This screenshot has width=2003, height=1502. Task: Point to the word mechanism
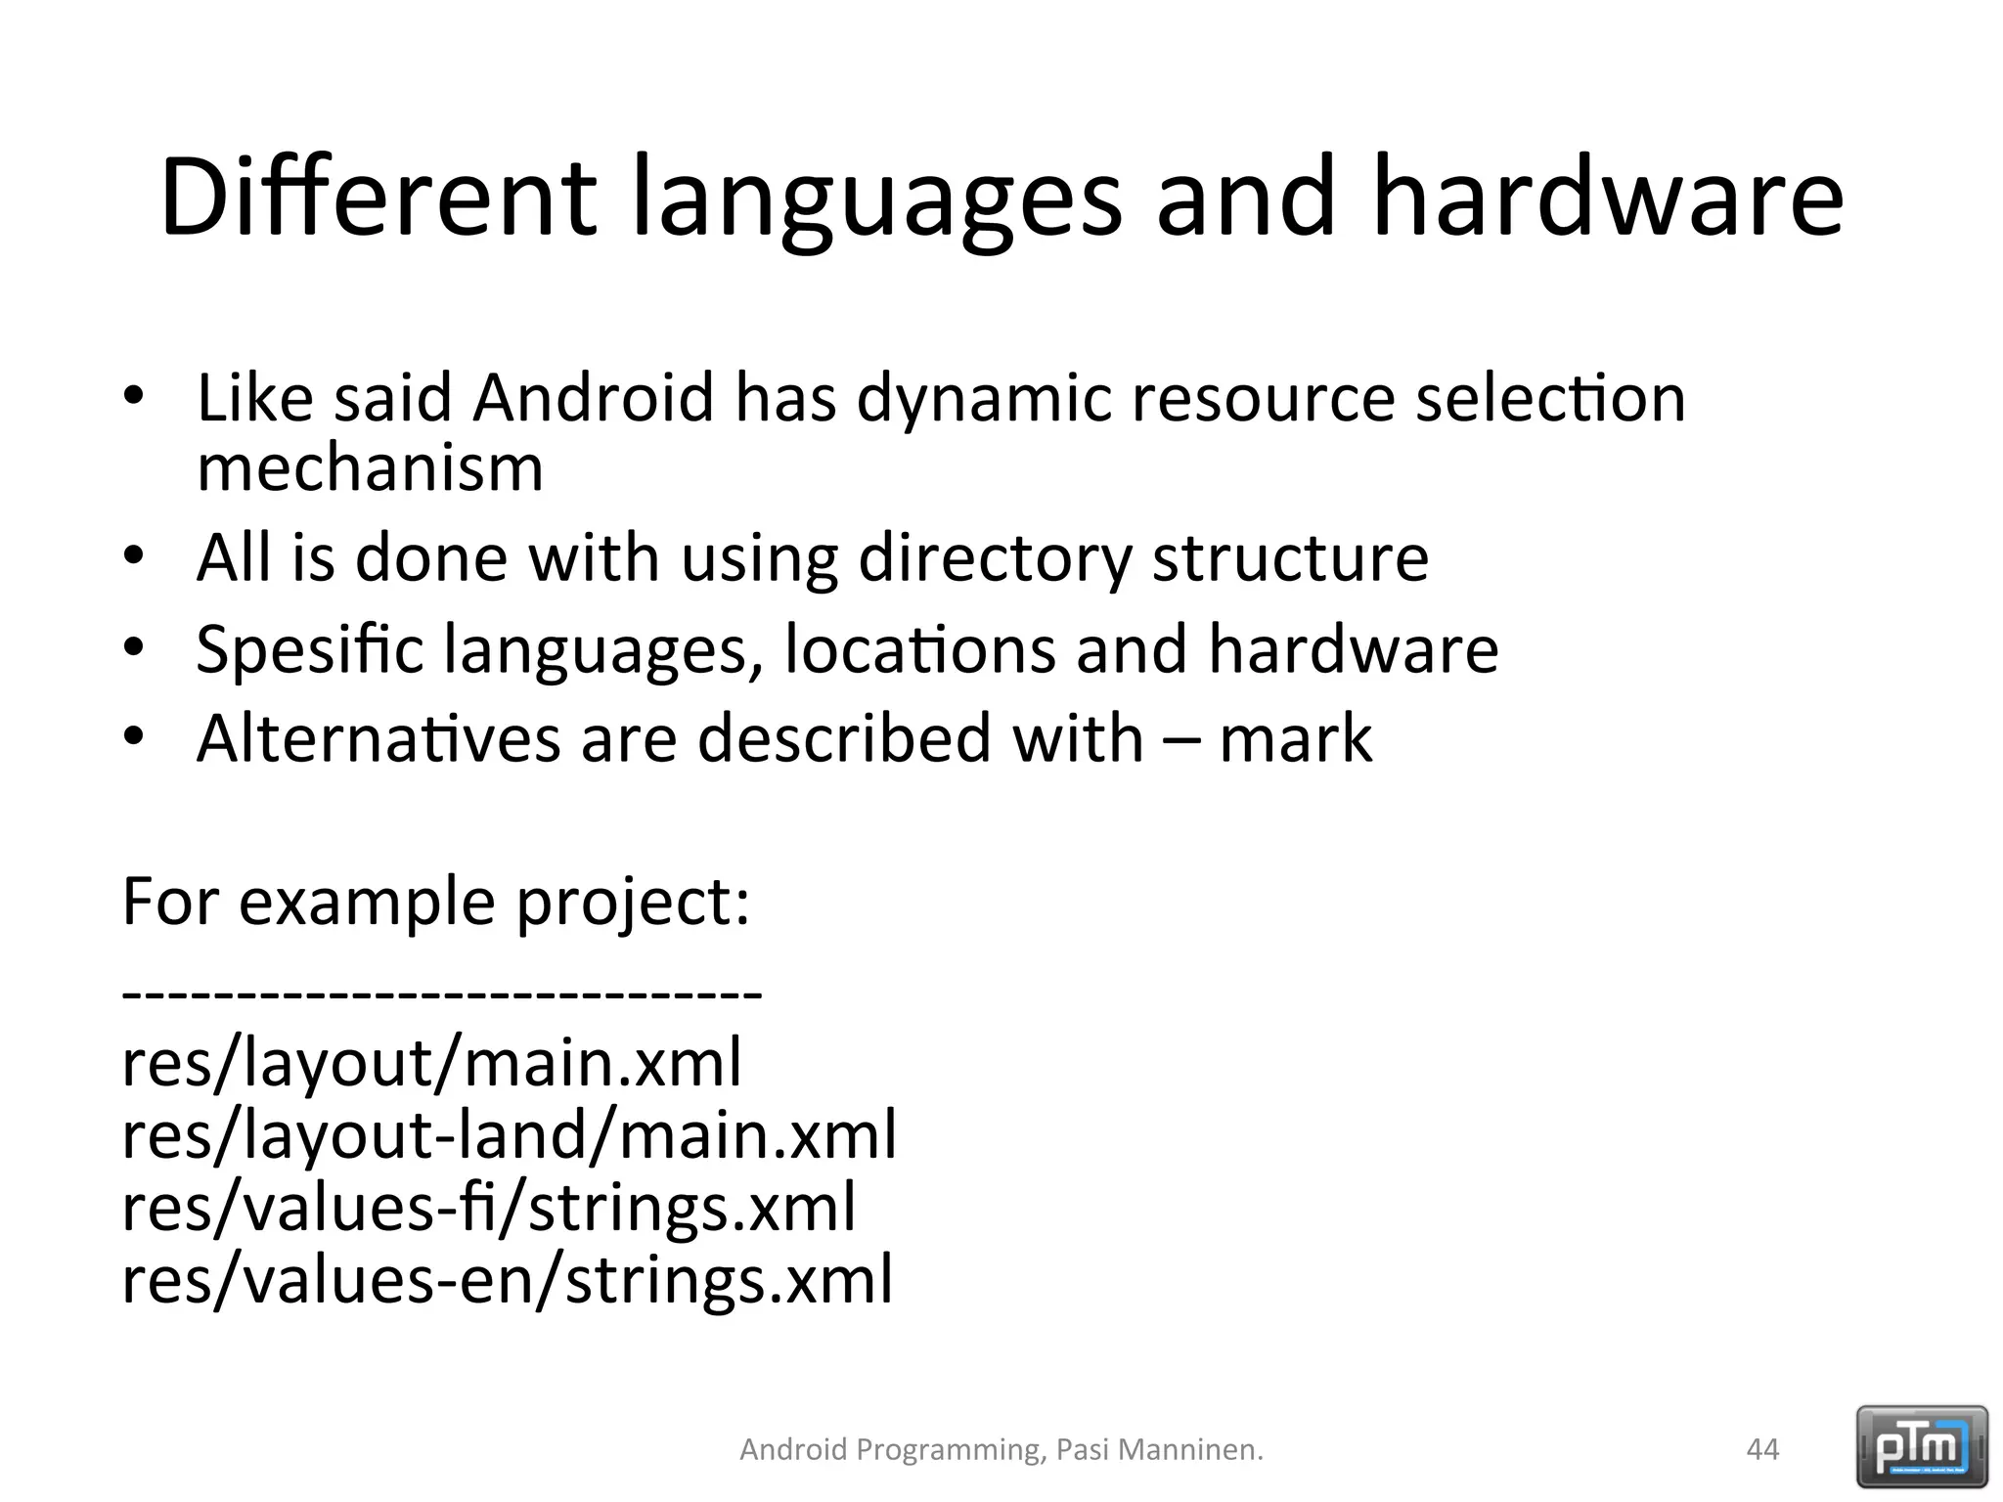pos(370,468)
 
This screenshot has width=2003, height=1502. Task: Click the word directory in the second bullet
pos(994,558)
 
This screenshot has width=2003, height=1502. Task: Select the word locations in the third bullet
pos(919,648)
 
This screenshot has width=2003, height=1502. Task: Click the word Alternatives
pos(378,738)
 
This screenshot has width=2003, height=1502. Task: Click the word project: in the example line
pos(632,902)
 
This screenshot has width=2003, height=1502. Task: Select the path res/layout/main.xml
pos(431,1064)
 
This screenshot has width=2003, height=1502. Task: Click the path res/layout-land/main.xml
pos(509,1136)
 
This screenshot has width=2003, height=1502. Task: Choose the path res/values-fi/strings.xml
pos(488,1208)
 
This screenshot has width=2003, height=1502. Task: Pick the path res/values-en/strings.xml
pos(507,1280)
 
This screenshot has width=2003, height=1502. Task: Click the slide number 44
pos(1762,1449)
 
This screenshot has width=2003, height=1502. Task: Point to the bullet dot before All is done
pos(134,556)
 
